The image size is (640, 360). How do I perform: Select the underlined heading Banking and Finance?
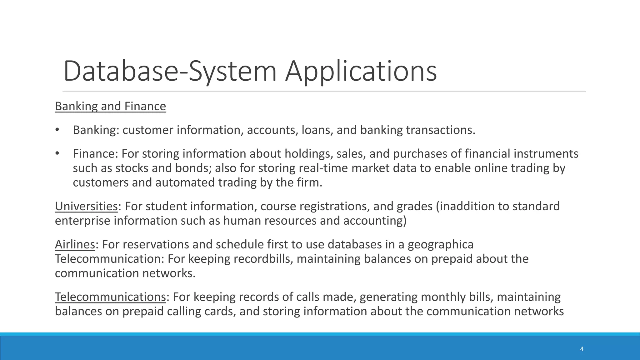(110, 106)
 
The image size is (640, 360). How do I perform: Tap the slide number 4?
(582, 349)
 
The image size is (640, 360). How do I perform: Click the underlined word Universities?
(86, 206)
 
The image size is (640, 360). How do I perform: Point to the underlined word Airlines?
(75, 244)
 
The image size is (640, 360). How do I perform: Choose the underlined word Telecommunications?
(110, 297)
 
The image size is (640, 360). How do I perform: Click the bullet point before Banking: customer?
(57, 130)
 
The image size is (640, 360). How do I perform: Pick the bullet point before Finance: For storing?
(57, 154)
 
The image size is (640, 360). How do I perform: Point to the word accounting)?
(375, 221)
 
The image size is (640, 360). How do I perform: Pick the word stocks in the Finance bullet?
(132, 168)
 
